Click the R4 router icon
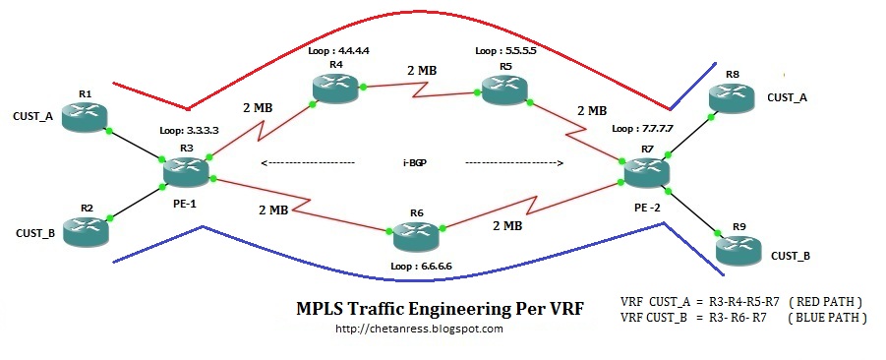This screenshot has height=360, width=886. click(x=335, y=88)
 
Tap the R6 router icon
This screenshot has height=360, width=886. click(x=416, y=236)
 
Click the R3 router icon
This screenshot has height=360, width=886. click(x=187, y=172)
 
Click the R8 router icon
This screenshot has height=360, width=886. click(x=732, y=98)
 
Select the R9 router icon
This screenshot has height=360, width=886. click(x=738, y=250)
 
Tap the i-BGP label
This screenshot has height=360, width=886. click(x=410, y=163)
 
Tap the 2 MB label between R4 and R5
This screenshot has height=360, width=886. click(x=422, y=71)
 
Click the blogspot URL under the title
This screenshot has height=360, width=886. click(x=419, y=329)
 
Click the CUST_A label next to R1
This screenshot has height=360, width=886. click(x=32, y=117)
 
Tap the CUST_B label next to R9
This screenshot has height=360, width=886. click(x=791, y=256)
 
